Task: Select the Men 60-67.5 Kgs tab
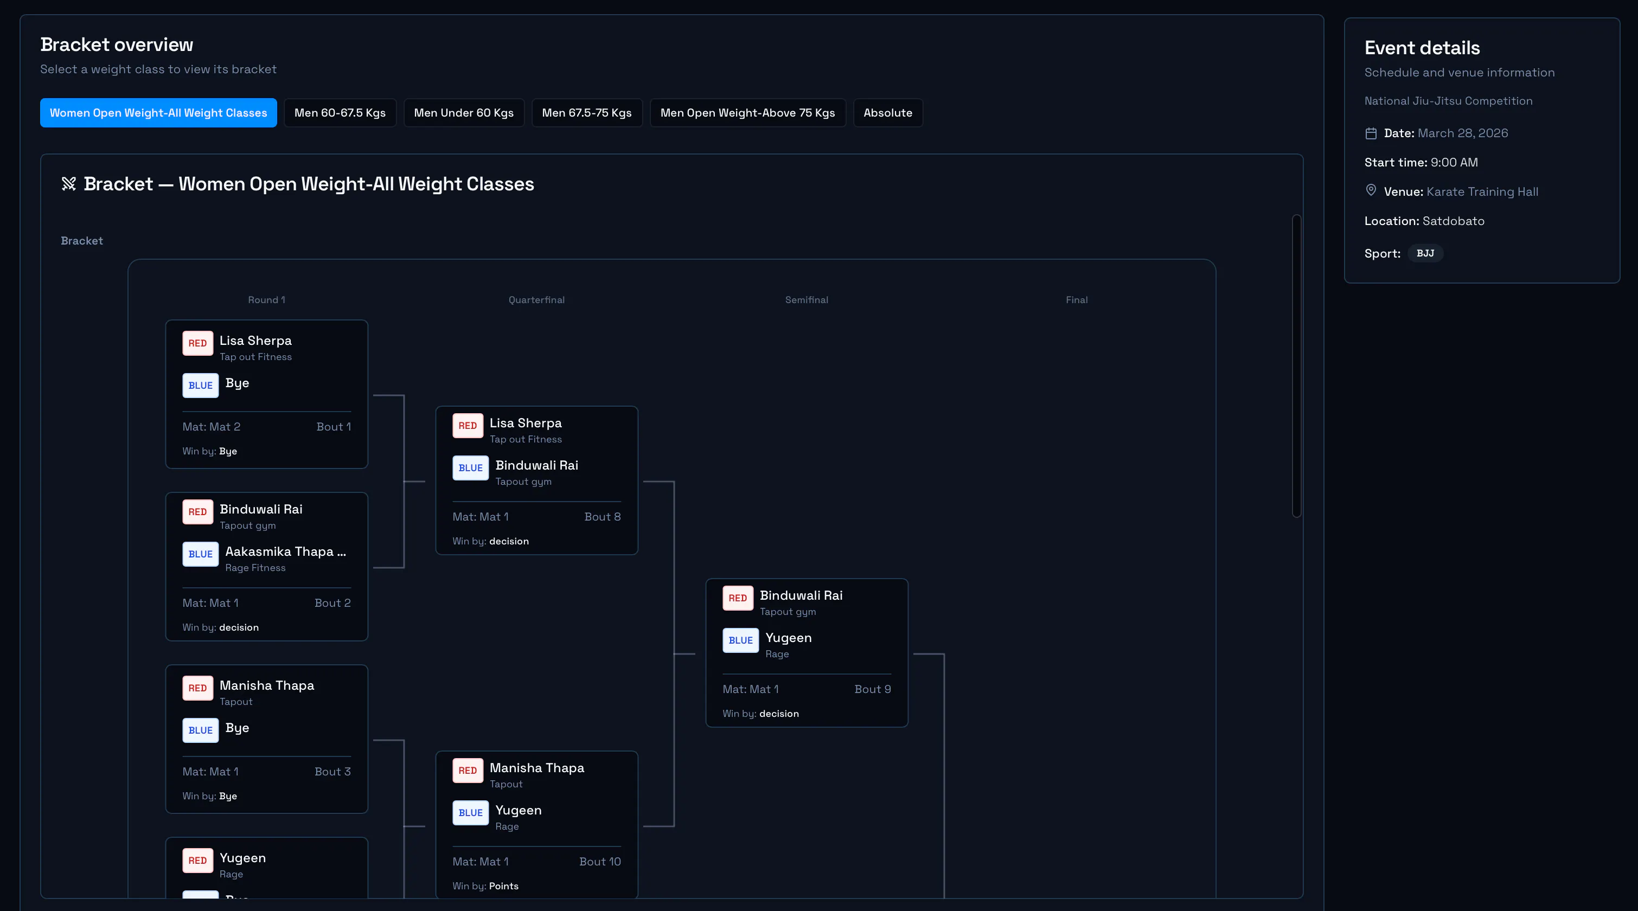pyautogui.click(x=340, y=113)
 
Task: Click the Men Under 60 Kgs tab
pyautogui.click(x=464, y=113)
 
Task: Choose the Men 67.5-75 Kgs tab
pyautogui.click(x=586, y=113)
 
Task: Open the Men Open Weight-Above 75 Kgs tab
pyautogui.click(x=747, y=113)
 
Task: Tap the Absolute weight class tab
pyautogui.click(x=888, y=113)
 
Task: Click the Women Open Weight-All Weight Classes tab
pyautogui.click(x=158, y=113)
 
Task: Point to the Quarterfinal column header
pyautogui.click(x=536, y=300)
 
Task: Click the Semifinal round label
pyautogui.click(x=807, y=300)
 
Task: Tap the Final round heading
pyautogui.click(x=1077, y=300)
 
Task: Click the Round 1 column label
pyautogui.click(x=266, y=300)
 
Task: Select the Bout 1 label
pyautogui.click(x=334, y=427)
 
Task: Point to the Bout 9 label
pyautogui.click(x=872, y=689)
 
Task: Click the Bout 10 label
pyautogui.click(x=600, y=862)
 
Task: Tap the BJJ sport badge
pyautogui.click(x=1425, y=253)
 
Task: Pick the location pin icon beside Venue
pyautogui.click(x=1371, y=190)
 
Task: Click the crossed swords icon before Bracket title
pyautogui.click(x=69, y=184)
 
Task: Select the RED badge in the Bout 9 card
pyautogui.click(x=738, y=598)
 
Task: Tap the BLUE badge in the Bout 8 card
pyautogui.click(x=471, y=468)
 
